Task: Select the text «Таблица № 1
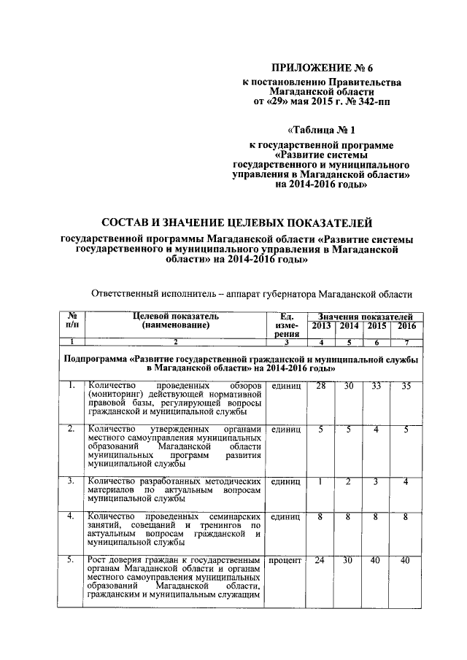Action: (x=323, y=131)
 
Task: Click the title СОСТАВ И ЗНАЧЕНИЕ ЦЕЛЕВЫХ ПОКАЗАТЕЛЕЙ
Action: (x=236, y=221)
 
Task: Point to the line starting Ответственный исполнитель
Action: (x=251, y=294)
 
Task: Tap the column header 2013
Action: (x=321, y=325)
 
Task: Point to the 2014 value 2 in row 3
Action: (x=349, y=481)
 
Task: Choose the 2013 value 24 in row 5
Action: (x=321, y=561)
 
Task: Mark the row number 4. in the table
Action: (x=71, y=516)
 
